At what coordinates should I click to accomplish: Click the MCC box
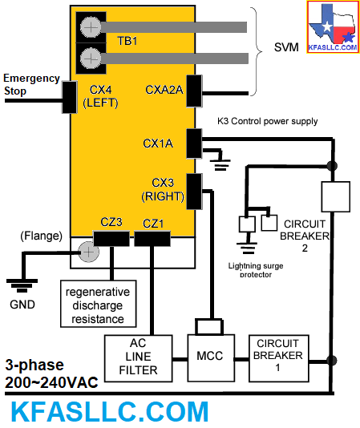211,357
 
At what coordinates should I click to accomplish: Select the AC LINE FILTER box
139,358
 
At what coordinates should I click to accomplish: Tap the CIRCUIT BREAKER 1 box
279,358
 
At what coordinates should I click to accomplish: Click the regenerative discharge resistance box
99,304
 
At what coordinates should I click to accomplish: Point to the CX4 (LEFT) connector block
70,97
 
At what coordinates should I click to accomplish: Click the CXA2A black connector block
194,91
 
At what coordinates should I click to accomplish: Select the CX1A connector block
194,143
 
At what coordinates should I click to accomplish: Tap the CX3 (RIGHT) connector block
194,192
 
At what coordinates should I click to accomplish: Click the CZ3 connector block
111,239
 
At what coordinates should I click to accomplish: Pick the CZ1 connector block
152,239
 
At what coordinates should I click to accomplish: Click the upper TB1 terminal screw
91,27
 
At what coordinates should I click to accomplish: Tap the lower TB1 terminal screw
91,59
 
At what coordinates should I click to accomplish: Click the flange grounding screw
88,252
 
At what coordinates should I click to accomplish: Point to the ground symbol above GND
22,285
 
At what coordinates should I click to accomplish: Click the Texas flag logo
333,26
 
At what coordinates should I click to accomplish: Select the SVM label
286,47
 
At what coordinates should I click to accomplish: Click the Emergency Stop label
31,85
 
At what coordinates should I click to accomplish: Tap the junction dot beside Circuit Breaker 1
332,361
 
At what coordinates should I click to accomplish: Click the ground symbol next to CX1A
220,164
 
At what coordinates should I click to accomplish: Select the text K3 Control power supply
268,121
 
